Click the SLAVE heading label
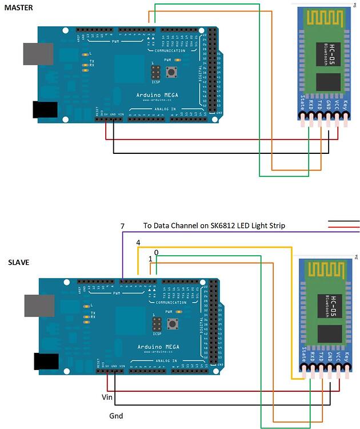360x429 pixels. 18,263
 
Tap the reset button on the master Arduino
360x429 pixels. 170,71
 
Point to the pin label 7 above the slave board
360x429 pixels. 122,227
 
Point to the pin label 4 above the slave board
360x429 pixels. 138,243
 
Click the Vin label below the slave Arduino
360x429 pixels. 107,396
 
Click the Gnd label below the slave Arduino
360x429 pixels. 116,416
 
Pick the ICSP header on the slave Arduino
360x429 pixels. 155,324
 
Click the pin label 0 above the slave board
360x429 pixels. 156,252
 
